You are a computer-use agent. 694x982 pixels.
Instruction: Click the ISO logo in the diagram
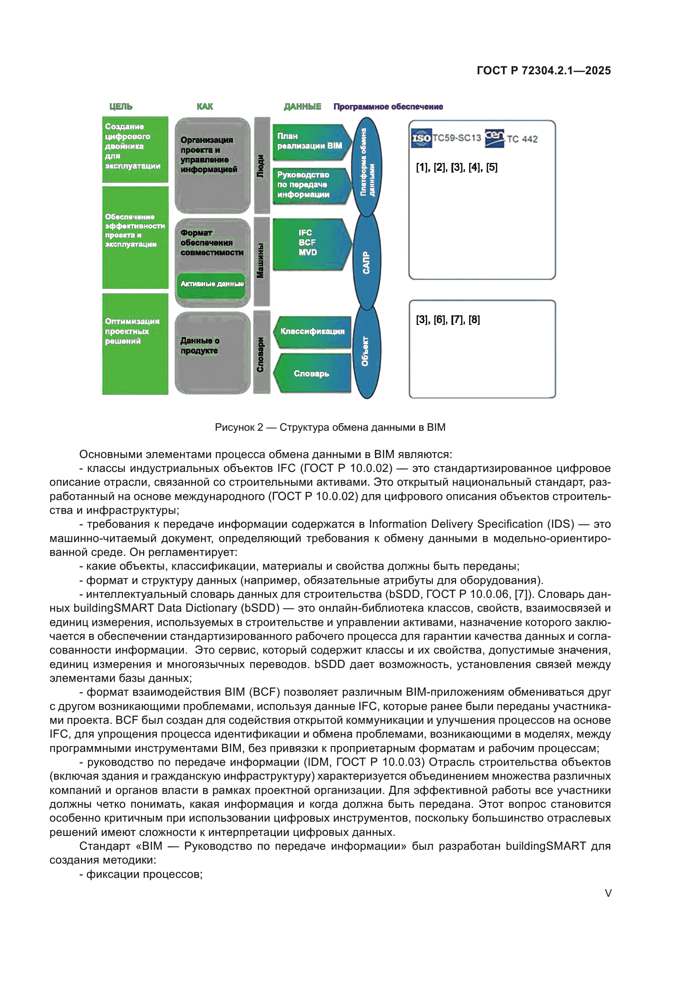(x=421, y=138)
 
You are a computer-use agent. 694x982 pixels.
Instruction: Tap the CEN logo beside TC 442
(x=494, y=138)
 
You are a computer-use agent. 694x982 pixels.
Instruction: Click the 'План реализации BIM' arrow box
(x=311, y=141)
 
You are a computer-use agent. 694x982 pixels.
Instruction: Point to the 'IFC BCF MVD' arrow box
(x=311, y=244)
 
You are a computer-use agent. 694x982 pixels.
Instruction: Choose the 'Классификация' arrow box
(x=313, y=332)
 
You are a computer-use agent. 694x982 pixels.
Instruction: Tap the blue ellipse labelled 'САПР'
(x=366, y=262)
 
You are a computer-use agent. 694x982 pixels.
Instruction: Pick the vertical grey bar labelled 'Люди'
(x=261, y=165)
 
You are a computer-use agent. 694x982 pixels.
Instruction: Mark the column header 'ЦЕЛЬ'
(x=121, y=107)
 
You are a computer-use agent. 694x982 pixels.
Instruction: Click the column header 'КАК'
(x=205, y=107)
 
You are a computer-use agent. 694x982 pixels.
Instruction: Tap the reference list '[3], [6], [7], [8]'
(x=448, y=320)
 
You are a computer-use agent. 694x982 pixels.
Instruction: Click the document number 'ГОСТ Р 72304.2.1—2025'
(x=543, y=71)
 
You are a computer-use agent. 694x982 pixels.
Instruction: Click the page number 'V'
(x=608, y=893)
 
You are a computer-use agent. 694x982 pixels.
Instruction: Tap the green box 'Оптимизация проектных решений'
(x=135, y=344)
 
